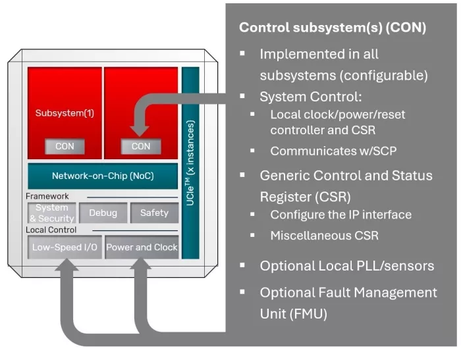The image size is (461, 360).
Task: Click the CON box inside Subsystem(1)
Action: pyautogui.click(x=65, y=146)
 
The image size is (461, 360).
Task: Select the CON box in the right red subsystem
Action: pyautogui.click(x=141, y=146)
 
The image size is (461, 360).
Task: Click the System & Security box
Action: pyautogui.click(x=51, y=213)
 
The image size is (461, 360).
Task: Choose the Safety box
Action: pyautogui.click(x=154, y=213)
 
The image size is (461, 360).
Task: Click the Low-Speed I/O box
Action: pyautogui.click(x=65, y=247)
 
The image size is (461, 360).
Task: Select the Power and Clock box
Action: pyautogui.click(x=142, y=247)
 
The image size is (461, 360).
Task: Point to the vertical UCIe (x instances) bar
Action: pyautogui.click(x=190, y=162)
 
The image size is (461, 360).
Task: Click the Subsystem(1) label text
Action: pyautogui.click(x=65, y=113)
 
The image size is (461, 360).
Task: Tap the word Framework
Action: pyautogui.click(x=47, y=196)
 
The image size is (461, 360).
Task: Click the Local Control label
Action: pyautogui.click(x=51, y=230)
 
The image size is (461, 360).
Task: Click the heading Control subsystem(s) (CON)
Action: pyautogui.click(x=332, y=28)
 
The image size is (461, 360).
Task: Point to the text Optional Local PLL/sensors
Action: pyautogui.click(x=346, y=266)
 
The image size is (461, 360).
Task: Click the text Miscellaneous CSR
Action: pyautogui.click(x=324, y=235)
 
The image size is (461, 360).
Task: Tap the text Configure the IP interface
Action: pyautogui.click(x=340, y=215)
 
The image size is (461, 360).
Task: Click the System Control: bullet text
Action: pyautogui.click(x=310, y=97)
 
